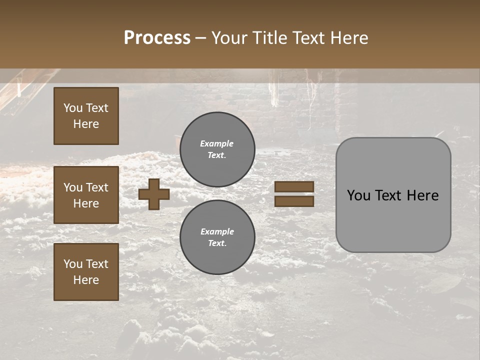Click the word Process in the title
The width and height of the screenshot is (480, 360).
click(x=157, y=37)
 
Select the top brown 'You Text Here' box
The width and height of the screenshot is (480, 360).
click(x=86, y=116)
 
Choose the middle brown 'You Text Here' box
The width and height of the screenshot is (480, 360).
click(x=86, y=195)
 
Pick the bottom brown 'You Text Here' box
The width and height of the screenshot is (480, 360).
click(x=86, y=271)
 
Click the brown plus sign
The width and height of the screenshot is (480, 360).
click(x=154, y=194)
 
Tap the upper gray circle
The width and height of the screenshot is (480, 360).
click(x=217, y=149)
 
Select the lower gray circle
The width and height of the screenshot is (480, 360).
click(x=217, y=237)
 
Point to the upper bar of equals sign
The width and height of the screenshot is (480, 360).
click(x=294, y=187)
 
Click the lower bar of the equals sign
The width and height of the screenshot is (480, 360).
click(x=294, y=201)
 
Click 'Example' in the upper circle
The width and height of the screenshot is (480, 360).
click(x=216, y=143)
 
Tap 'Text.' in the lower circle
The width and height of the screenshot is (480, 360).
click(x=217, y=243)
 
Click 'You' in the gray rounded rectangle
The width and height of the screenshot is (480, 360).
click(x=358, y=195)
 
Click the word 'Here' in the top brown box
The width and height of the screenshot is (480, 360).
click(x=86, y=124)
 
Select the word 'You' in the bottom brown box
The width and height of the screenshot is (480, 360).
click(x=73, y=264)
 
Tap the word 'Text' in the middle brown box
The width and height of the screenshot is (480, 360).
click(x=97, y=187)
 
